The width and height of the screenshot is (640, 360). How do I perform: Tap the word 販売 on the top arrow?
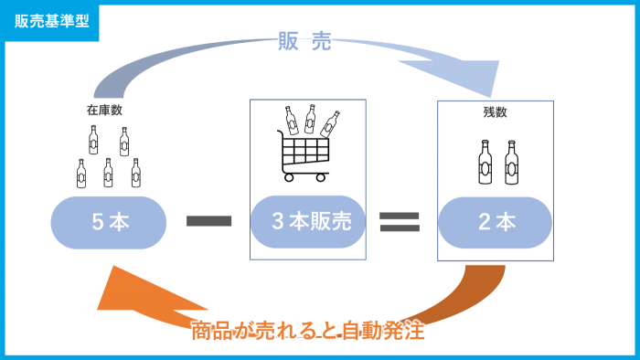[304, 41]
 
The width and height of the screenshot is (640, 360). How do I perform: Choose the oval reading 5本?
[109, 221]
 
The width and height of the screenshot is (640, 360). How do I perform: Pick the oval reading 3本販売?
[308, 221]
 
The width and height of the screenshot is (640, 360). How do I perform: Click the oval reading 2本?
[495, 221]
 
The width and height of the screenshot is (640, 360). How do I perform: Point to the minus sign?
[208, 220]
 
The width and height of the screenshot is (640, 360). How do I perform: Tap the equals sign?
[400, 220]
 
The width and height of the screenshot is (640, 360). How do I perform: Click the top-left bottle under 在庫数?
[93, 139]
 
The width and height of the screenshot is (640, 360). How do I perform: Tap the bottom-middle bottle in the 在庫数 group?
[108, 171]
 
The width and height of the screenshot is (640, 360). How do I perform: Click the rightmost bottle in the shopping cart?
[329, 122]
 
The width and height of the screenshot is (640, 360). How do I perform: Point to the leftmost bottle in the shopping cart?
[290, 119]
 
